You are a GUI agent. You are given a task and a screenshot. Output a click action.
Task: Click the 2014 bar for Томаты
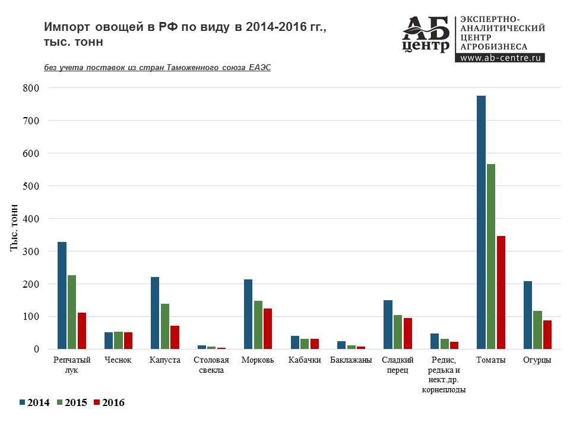pos(481,222)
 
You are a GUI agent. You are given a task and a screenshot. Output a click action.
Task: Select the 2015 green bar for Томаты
pos(490,256)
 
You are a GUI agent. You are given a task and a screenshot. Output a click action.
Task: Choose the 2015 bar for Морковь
pos(258,325)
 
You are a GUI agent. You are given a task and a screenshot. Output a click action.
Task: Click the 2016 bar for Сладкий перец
pos(408,333)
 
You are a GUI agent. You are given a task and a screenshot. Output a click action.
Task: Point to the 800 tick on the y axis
pos(30,88)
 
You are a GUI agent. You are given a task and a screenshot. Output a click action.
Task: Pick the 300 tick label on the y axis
pos(30,251)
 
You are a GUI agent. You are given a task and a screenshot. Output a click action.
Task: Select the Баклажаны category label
pos(351,360)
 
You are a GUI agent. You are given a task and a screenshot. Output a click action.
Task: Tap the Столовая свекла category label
pos(211,364)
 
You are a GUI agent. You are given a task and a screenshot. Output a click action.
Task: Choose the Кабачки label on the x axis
pos(305,360)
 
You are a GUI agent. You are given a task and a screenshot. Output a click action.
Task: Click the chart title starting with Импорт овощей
pos(185,34)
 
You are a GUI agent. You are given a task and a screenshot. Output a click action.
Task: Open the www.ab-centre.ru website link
pos(502,58)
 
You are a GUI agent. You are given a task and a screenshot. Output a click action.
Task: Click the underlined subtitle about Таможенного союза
pos(157,68)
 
